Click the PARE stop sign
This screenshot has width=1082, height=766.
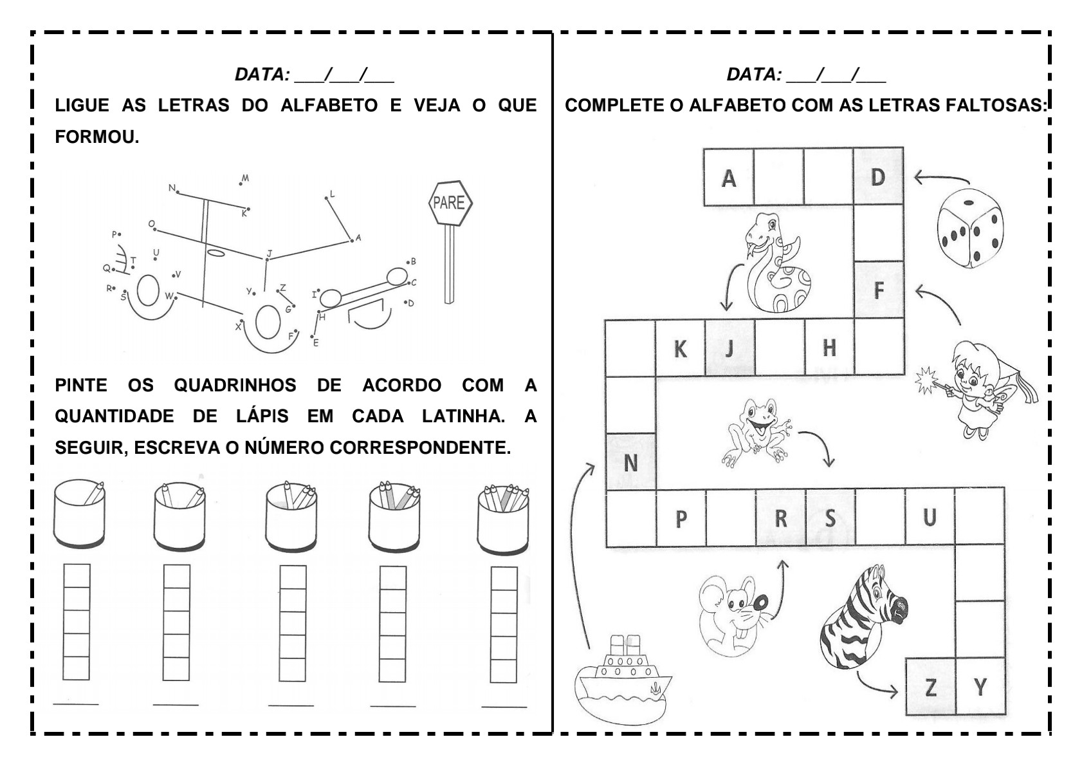(450, 203)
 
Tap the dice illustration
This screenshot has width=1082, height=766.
(969, 228)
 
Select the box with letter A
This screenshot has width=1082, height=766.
(728, 177)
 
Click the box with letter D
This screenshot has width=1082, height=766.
(878, 177)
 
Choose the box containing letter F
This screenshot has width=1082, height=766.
(879, 290)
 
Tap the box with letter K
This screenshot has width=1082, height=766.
(680, 349)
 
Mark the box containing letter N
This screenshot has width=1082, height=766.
(630, 462)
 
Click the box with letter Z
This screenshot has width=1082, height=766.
(930, 687)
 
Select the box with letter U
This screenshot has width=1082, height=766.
(930, 517)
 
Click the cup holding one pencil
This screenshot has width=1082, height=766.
(80, 514)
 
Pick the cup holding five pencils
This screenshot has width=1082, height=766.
(504, 519)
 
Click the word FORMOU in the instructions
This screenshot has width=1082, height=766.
(96, 137)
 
